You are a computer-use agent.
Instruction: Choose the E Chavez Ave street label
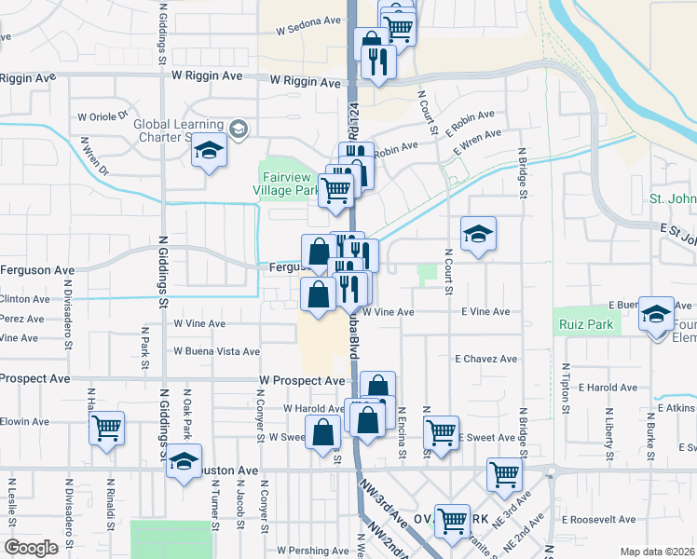(x=485, y=359)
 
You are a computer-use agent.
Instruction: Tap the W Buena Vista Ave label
(x=217, y=351)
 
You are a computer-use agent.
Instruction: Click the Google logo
(x=31, y=548)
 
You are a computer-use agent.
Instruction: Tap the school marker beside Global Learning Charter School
(x=209, y=150)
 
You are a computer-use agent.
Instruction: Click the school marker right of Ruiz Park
(x=657, y=314)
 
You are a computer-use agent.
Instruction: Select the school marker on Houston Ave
(x=184, y=459)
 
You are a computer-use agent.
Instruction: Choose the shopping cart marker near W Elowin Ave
(x=107, y=428)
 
